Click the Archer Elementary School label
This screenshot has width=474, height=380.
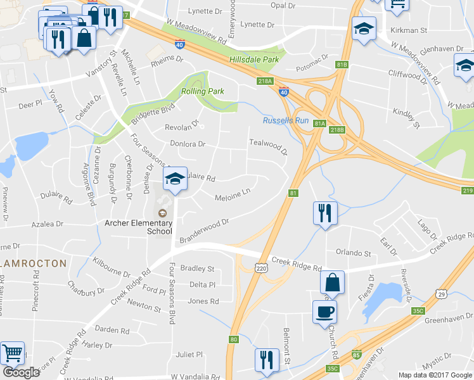[138, 227]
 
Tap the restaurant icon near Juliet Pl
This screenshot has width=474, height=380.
[266, 360]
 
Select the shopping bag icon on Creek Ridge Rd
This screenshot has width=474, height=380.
[332, 282]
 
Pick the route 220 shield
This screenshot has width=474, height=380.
[262, 269]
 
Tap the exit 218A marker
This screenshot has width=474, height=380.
[265, 81]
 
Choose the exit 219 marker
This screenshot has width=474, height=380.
[468, 191]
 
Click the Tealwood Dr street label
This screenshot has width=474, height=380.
[268, 148]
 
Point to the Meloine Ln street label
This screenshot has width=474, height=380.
[233, 194]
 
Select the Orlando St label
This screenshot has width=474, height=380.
[353, 253]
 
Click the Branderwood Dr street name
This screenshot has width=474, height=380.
[204, 231]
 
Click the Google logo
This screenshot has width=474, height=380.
[21, 372]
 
